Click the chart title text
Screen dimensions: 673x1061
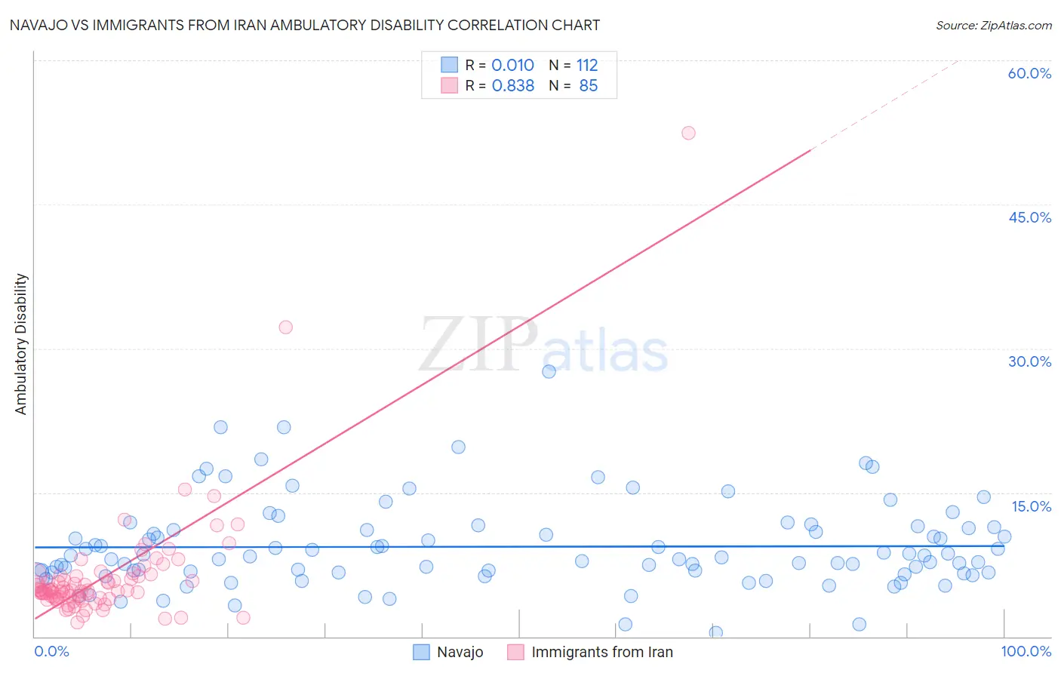coord(305,25)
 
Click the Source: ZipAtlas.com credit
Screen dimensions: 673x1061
coord(993,25)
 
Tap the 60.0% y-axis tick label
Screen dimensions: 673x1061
coord(1029,73)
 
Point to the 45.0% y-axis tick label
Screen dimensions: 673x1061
coord(1029,217)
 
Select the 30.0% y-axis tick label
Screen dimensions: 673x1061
coord(1029,361)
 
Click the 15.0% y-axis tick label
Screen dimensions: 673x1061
coord(1031,506)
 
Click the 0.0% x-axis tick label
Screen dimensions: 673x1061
coord(51,651)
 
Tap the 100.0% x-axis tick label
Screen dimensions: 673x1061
coord(1026,651)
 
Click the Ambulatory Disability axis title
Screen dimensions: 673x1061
coord(21,344)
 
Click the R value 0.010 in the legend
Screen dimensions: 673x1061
coord(512,66)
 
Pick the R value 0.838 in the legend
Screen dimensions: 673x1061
coord(512,86)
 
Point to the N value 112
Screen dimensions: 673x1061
coord(587,66)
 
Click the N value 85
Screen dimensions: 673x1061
coord(588,86)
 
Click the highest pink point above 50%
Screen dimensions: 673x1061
coord(688,133)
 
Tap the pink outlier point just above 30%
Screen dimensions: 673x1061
coord(285,327)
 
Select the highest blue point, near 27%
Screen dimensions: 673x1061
coord(549,371)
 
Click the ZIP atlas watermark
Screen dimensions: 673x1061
coord(543,345)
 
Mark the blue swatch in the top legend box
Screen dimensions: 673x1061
coord(449,65)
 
